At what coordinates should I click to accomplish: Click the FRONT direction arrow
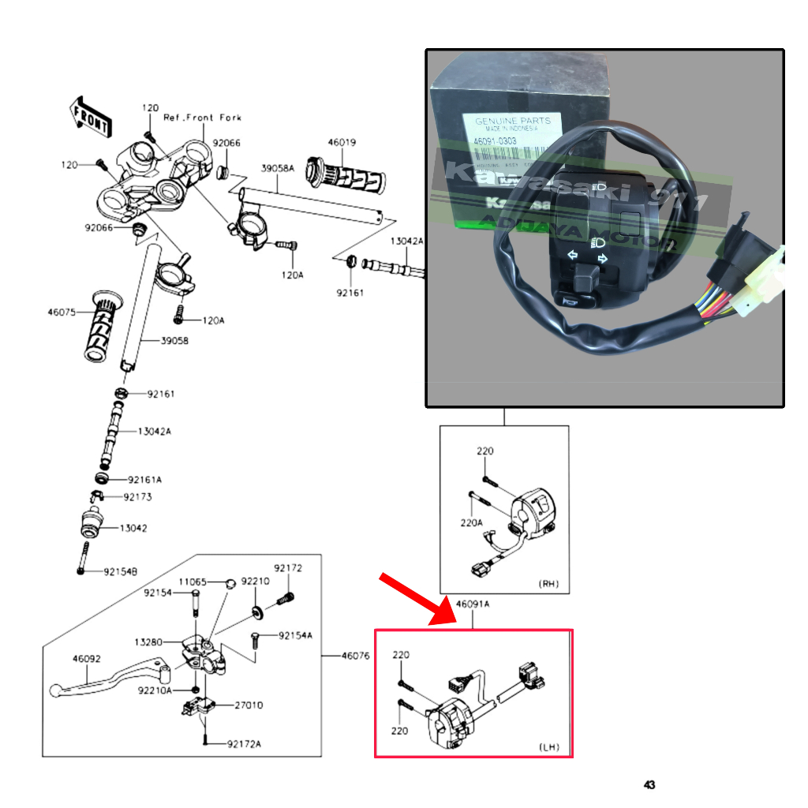92,115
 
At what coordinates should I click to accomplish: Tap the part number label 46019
342,143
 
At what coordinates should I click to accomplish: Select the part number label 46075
62,312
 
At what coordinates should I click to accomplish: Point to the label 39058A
278,169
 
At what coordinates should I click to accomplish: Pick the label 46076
357,656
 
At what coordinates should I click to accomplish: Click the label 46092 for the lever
88,657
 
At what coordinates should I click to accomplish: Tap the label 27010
249,705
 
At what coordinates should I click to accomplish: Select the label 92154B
120,571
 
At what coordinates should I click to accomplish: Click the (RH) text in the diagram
548,584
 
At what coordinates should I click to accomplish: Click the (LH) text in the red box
549,746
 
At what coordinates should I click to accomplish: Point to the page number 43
649,785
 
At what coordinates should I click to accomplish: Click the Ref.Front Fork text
202,118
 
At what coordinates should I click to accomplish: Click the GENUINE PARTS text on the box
512,121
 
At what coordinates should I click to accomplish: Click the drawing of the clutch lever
110,681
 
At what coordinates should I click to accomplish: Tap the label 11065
192,582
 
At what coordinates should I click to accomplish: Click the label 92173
137,497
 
